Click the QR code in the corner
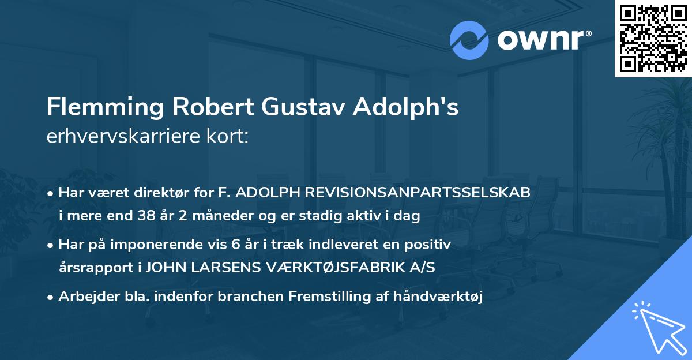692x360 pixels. point(653,39)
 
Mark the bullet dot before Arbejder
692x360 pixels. point(51,297)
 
